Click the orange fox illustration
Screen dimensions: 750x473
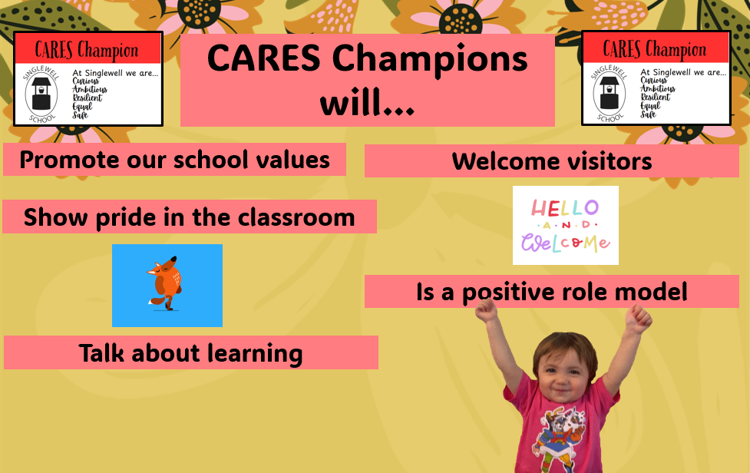[164, 283]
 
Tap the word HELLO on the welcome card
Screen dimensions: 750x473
[565, 208]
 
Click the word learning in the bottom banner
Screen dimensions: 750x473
[255, 354]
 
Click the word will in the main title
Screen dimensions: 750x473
[367, 103]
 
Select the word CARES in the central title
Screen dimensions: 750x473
[263, 58]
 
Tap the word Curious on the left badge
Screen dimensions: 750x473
[85, 81]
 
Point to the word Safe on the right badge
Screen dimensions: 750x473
[648, 114]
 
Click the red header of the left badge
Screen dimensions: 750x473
[88, 49]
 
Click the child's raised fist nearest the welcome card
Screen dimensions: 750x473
[486, 310]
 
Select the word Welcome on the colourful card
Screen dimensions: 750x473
[565, 242]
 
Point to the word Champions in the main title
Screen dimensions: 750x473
[430, 59]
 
